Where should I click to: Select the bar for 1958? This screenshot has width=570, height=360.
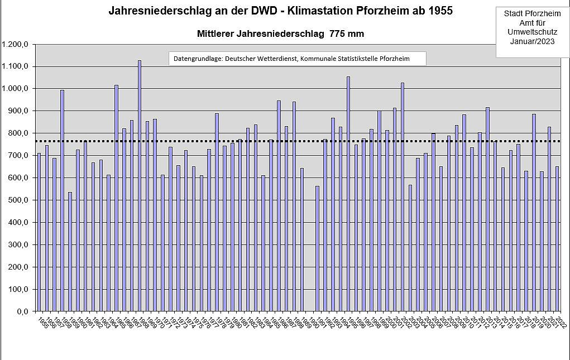(x=62, y=200)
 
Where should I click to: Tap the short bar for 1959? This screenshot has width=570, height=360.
(x=70, y=251)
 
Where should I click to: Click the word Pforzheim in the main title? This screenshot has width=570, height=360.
(x=381, y=11)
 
